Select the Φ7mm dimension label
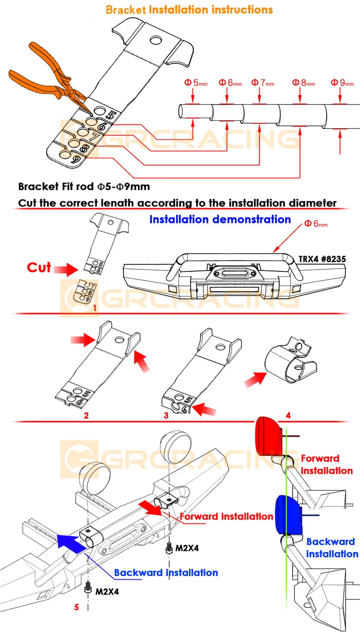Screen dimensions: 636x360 (x=263, y=83)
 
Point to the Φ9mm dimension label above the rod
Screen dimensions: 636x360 (x=342, y=83)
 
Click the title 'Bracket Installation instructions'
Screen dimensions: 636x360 (x=189, y=10)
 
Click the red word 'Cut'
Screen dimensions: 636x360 (x=39, y=267)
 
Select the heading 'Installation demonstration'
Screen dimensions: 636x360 (x=220, y=220)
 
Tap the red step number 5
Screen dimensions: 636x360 (x=76, y=606)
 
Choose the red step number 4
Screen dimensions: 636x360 (x=288, y=415)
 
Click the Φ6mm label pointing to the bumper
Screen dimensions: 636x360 (x=316, y=224)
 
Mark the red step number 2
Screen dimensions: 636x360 (x=86, y=416)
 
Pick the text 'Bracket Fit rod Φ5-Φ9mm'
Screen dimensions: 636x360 (x=81, y=186)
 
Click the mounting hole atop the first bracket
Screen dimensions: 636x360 (x=156, y=41)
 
